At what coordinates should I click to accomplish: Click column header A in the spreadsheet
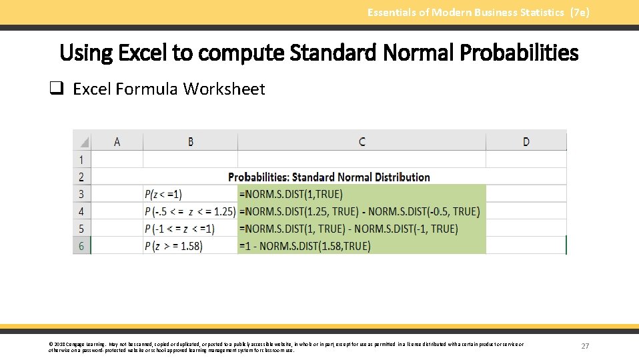click(x=117, y=141)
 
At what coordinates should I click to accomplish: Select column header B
click(x=191, y=141)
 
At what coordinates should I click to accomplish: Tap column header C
click(x=362, y=141)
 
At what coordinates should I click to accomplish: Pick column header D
click(x=526, y=141)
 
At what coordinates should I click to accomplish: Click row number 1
click(x=81, y=159)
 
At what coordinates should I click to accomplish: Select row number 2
click(x=81, y=177)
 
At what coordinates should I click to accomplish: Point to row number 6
click(x=81, y=246)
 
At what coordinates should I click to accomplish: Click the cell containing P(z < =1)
click(x=163, y=194)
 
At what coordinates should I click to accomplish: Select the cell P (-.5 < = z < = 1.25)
click(x=190, y=211)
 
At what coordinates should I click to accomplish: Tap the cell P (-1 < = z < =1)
click(x=179, y=229)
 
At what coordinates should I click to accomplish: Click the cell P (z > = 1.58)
click(x=173, y=246)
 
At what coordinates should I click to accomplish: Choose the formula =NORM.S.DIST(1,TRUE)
click(x=290, y=194)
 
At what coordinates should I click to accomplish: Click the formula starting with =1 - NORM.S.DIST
click(x=304, y=246)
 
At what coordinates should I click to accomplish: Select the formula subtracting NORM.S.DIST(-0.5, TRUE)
click(x=359, y=211)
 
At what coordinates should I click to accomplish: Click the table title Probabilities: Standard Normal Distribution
click(x=329, y=177)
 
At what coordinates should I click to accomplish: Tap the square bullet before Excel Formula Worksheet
click(x=57, y=89)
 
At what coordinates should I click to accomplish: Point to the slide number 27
click(x=586, y=346)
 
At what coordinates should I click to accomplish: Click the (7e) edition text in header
click(x=580, y=12)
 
